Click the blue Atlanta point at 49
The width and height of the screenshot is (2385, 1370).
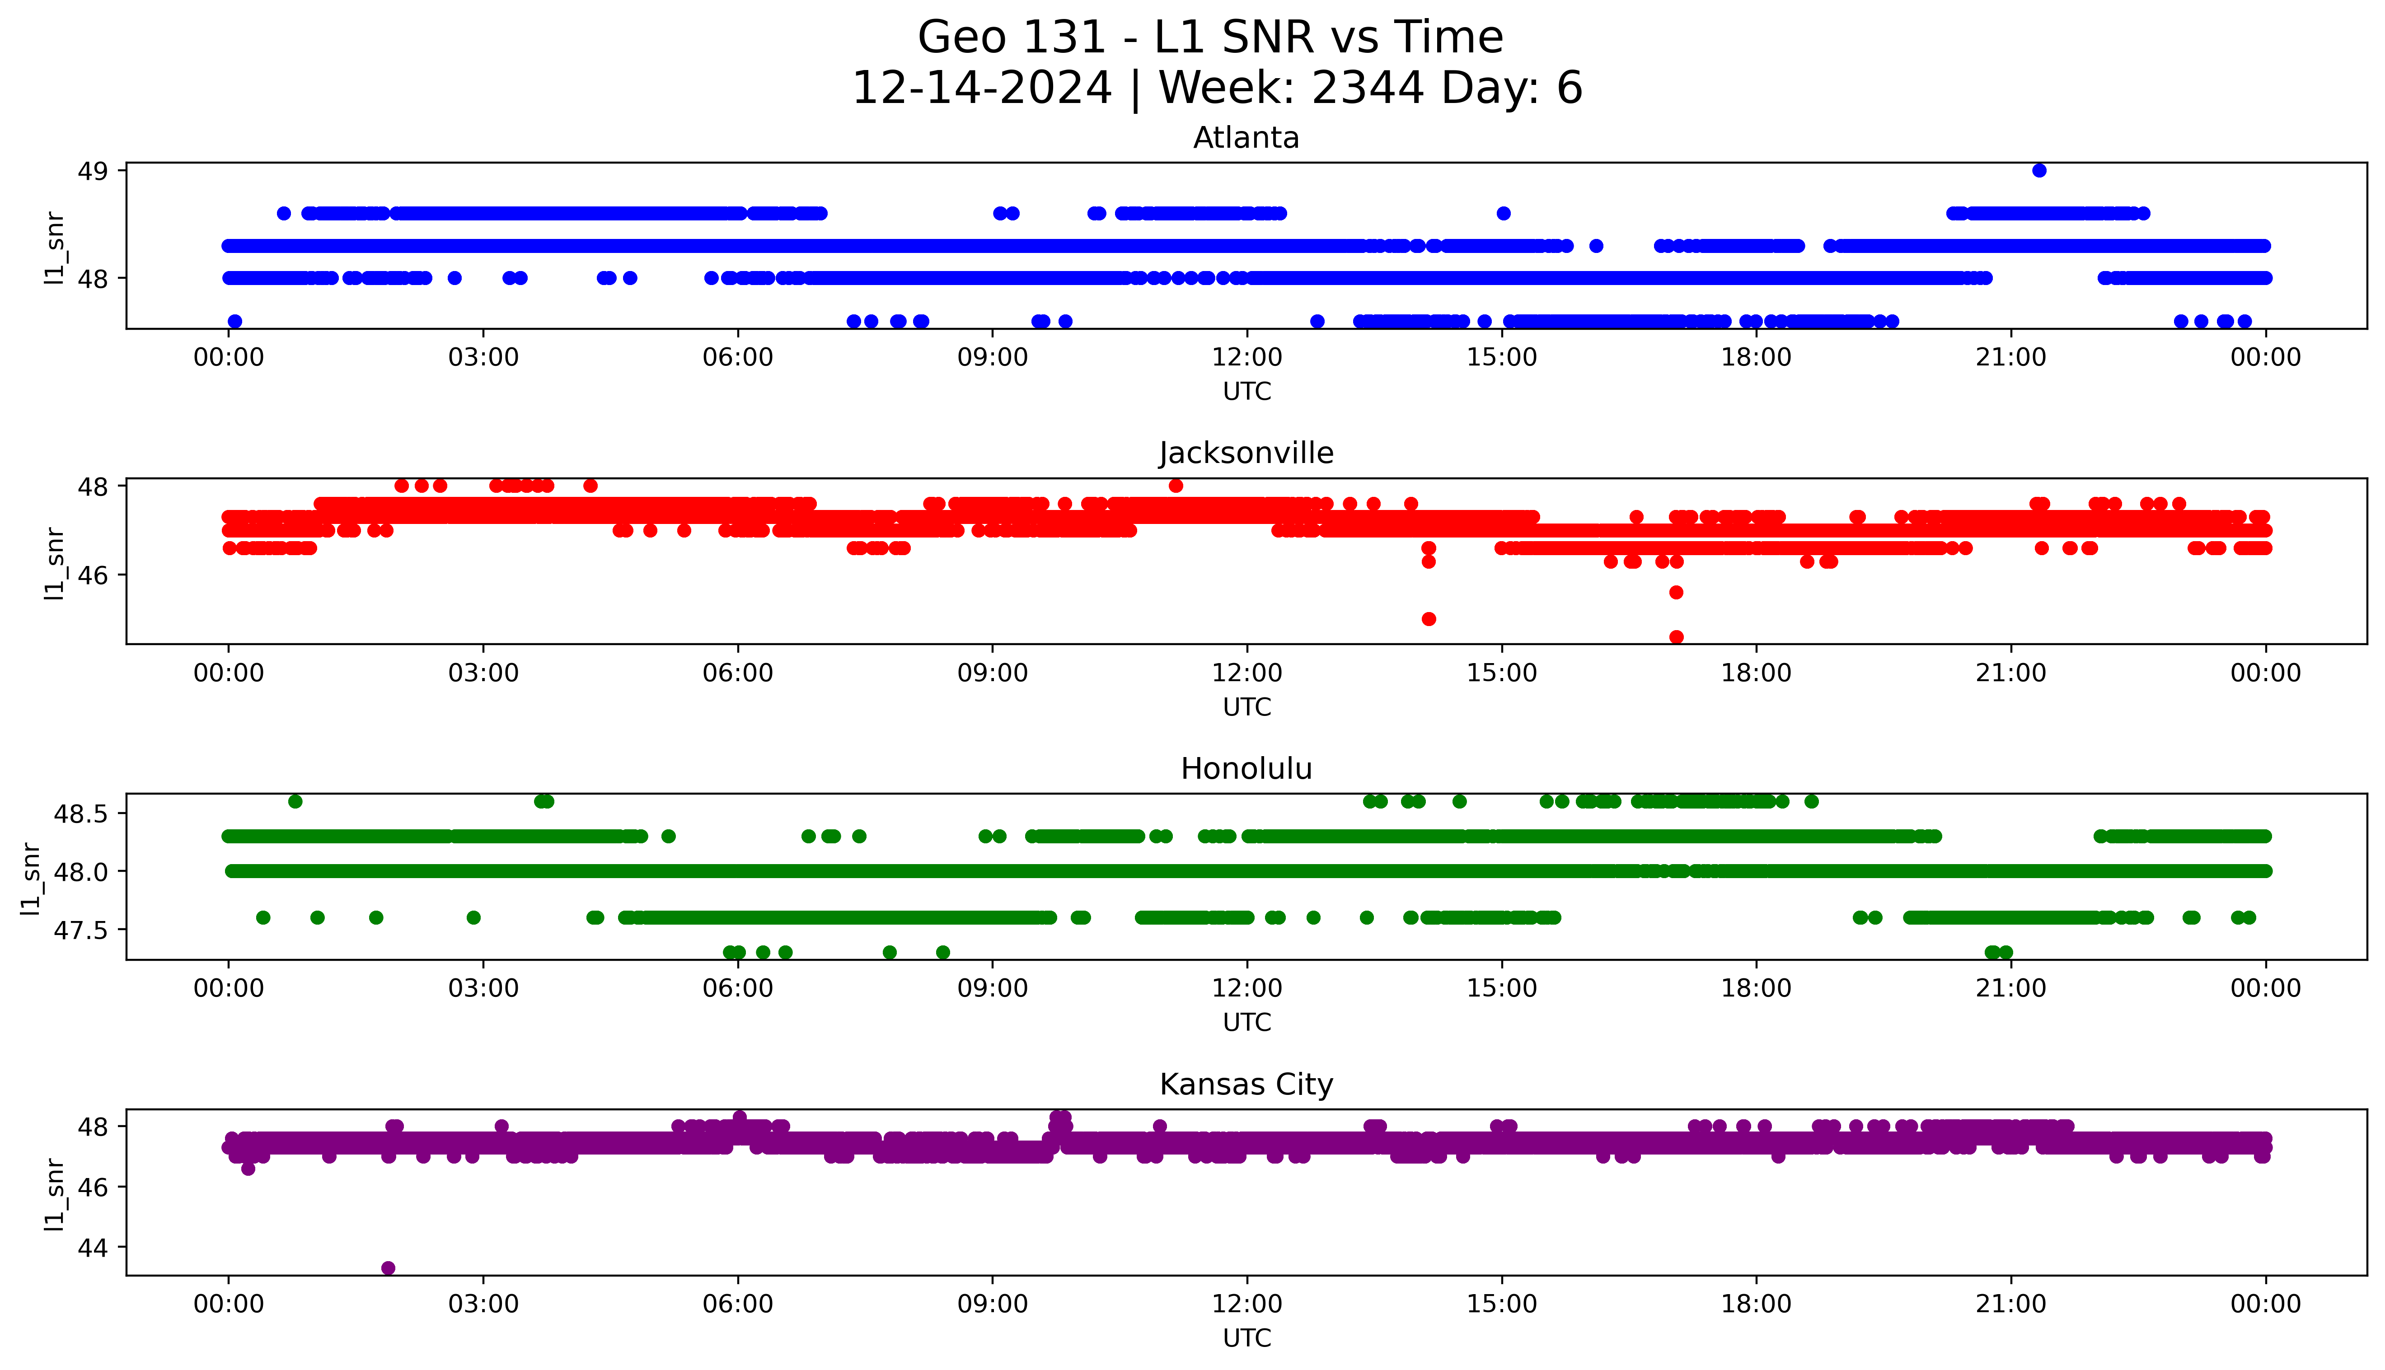[x=2039, y=170]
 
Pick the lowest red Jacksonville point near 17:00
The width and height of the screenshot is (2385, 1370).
[x=1676, y=637]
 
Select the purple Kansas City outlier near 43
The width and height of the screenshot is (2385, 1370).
[x=388, y=1267]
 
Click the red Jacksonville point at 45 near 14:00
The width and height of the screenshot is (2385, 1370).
[x=1428, y=618]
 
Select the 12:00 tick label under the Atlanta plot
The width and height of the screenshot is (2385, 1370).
[x=1246, y=358]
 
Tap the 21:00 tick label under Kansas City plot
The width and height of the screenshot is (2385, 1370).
[x=2010, y=1304]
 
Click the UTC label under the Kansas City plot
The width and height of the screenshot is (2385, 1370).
[x=1246, y=1337]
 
